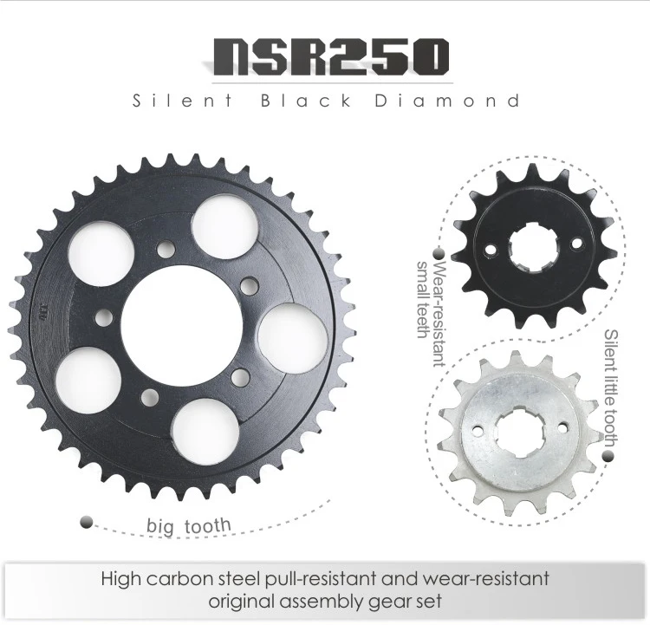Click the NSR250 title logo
pyautogui.click(x=331, y=57)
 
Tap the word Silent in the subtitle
pyautogui.click(x=183, y=101)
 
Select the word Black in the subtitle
pyautogui.click(x=306, y=101)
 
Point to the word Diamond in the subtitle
pyautogui.click(x=447, y=101)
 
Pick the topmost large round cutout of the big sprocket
pyautogui.click(x=224, y=226)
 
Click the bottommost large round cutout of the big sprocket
pyautogui.click(x=206, y=433)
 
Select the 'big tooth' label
pyautogui.click(x=189, y=526)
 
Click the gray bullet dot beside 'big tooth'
pyautogui.click(x=86, y=522)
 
